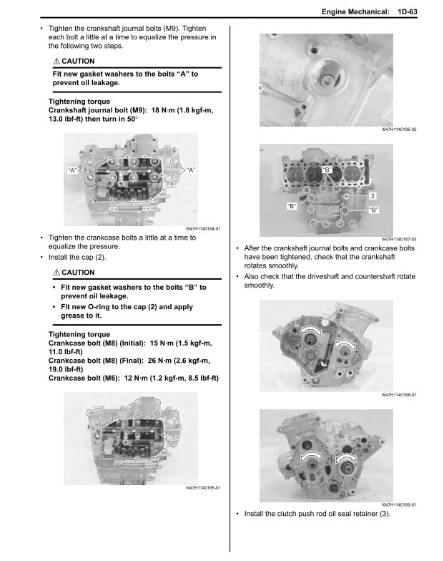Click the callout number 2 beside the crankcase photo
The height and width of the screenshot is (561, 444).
click(x=373, y=195)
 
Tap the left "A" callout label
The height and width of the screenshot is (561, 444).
click(x=72, y=170)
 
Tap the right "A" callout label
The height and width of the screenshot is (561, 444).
click(x=191, y=170)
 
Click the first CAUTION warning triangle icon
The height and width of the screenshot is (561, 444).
click(x=56, y=61)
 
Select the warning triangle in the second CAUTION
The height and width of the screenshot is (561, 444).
click(x=56, y=273)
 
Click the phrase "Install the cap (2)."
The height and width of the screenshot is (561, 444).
click(x=77, y=256)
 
